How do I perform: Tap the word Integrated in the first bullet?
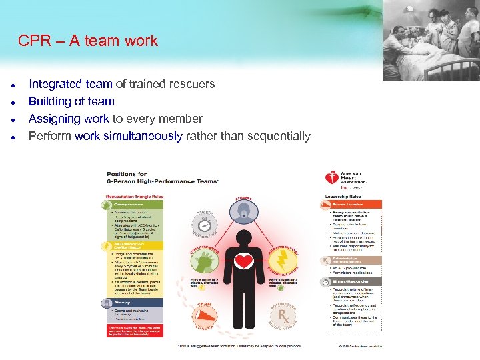coord(56,84)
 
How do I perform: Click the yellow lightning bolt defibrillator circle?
coord(283,257)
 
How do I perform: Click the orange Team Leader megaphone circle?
coord(207,309)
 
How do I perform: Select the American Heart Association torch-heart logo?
coord(331,178)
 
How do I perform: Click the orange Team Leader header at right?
coord(351,205)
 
